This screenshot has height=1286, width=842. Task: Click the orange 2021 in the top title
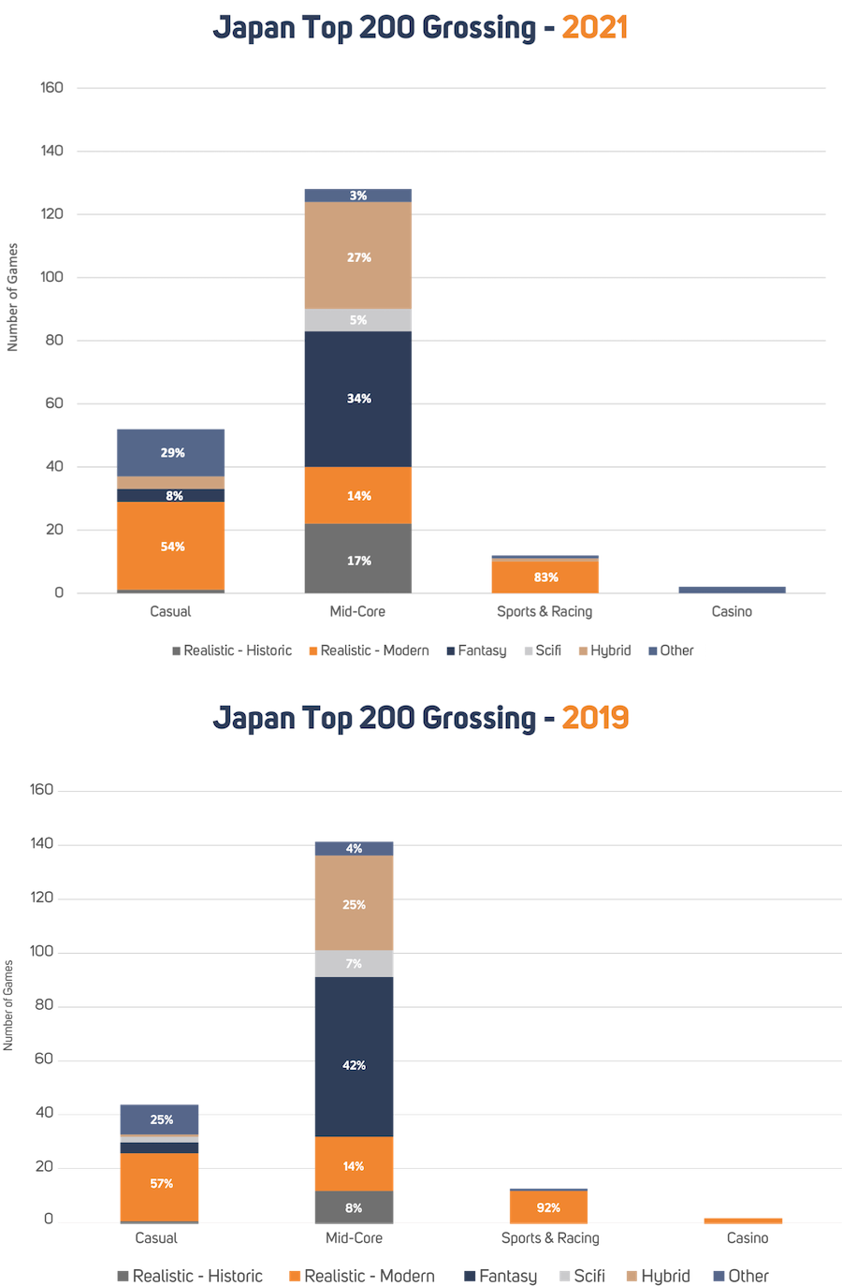594,28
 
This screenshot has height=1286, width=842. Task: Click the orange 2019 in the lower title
594,718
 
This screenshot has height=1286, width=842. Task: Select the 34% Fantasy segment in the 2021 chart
358,399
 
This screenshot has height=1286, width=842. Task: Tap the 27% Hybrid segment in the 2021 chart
358,257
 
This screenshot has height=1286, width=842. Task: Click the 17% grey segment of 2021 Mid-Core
358,560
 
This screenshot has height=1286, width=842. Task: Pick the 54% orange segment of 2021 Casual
171,547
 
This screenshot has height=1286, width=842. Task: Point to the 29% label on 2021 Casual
172,453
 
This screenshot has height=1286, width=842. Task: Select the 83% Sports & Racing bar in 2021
545,577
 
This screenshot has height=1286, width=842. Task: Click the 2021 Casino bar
732,589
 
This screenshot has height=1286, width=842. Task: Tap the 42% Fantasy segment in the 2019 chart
354,1065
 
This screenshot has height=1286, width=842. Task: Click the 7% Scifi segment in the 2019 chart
354,964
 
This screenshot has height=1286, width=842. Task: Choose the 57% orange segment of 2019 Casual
160,1184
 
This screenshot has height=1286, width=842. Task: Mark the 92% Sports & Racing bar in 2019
548,1207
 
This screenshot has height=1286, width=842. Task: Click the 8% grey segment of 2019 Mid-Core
354,1207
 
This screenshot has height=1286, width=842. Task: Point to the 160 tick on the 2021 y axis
51,88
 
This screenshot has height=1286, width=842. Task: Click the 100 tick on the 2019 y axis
41,952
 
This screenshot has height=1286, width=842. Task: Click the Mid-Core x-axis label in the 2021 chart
357,611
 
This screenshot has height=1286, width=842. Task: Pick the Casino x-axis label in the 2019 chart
747,1238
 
